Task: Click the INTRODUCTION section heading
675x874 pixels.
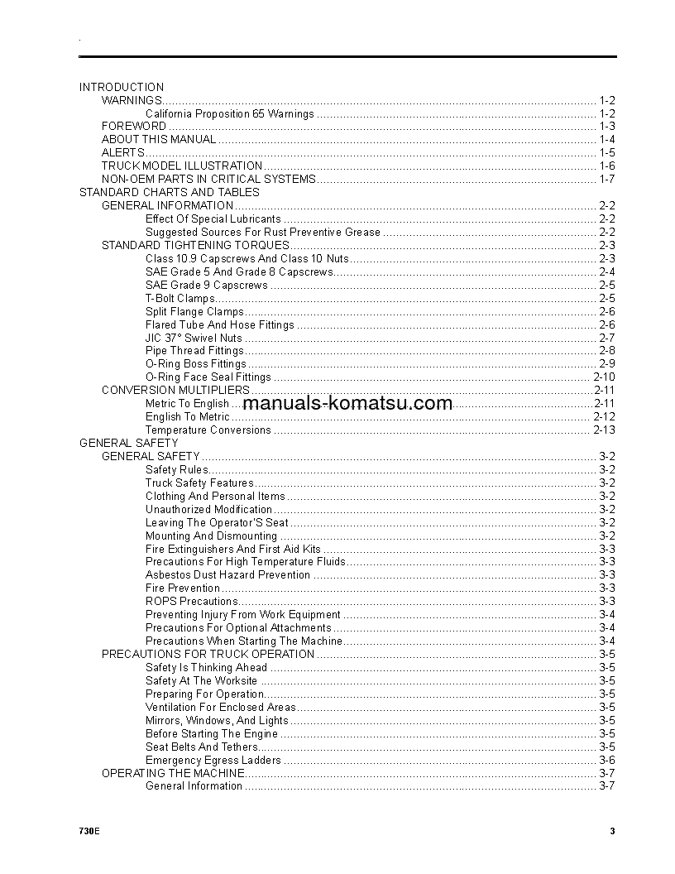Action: click(122, 87)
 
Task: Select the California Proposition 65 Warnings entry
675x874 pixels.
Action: click(230, 113)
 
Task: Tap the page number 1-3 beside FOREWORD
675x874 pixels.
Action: click(607, 127)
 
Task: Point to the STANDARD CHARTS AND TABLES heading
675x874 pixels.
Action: click(170, 193)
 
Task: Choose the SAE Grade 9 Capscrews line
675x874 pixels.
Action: click(207, 286)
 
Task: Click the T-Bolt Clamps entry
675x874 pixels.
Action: click(180, 299)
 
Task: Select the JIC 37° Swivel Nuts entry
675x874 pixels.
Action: click(194, 339)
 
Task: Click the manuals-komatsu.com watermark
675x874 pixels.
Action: click(348, 404)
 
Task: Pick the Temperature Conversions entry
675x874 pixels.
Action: click(208, 430)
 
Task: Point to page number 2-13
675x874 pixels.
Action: click(604, 430)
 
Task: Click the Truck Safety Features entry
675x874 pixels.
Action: click(199, 483)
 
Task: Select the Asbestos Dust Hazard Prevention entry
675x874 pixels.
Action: click(228, 575)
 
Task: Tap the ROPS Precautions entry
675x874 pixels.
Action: click(192, 602)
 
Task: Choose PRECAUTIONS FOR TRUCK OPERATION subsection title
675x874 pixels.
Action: click(208, 655)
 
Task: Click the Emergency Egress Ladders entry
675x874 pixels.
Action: click(213, 761)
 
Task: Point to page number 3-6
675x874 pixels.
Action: click(607, 761)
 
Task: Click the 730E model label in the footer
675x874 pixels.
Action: click(89, 832)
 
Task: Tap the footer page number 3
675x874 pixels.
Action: click(612, 832)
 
